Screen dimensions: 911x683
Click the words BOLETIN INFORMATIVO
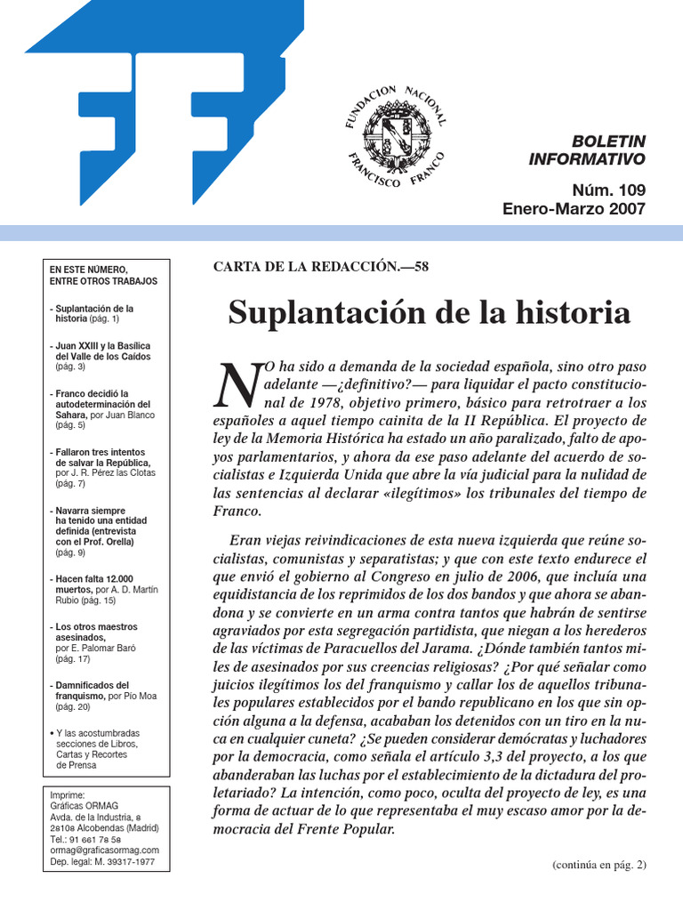point(587,150)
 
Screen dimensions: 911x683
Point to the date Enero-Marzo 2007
point(574,209)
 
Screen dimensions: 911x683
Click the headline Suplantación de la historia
point(430,312)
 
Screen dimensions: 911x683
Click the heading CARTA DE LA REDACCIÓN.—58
point(321,267)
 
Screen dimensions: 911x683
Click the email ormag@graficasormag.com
point(105,850)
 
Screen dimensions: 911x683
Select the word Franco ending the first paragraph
point(238,512)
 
